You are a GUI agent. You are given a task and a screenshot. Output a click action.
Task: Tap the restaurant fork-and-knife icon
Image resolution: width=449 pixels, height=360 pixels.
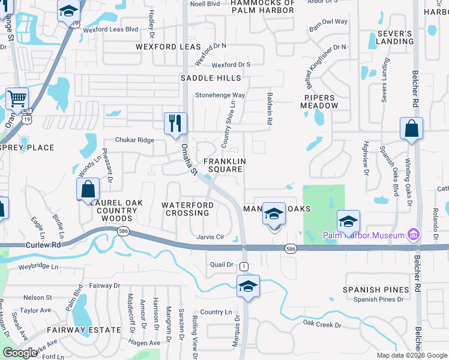[x=175, y=124]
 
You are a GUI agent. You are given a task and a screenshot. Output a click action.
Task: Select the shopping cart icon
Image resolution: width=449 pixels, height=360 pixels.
[x=17, y=98]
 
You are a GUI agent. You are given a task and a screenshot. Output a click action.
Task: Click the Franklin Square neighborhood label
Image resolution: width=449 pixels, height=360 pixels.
[x=224, y=165]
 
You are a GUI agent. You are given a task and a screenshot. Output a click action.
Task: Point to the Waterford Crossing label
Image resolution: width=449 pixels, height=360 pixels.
[x=187, y=209]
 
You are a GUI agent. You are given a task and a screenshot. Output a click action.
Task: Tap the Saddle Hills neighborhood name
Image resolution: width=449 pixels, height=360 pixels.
[x=211, y=78]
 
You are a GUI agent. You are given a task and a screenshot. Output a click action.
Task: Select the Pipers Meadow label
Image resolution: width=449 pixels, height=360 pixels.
[x=321, y=101]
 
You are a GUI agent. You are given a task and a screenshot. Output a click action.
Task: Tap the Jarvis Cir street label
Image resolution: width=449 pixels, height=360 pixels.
[x=210, y=237]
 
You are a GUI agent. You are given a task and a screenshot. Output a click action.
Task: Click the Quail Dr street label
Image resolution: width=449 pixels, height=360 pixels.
[x=221, y=264]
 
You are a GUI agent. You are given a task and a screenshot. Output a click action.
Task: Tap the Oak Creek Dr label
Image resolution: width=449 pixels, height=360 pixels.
[x=322, y=325]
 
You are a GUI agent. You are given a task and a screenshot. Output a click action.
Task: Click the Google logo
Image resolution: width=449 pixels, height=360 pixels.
[x=20, y=353]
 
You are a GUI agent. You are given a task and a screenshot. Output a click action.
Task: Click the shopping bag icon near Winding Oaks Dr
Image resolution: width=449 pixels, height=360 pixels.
[x=411, y=128]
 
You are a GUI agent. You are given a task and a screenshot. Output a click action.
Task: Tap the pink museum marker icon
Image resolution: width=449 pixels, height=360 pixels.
[x=414, y=234]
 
